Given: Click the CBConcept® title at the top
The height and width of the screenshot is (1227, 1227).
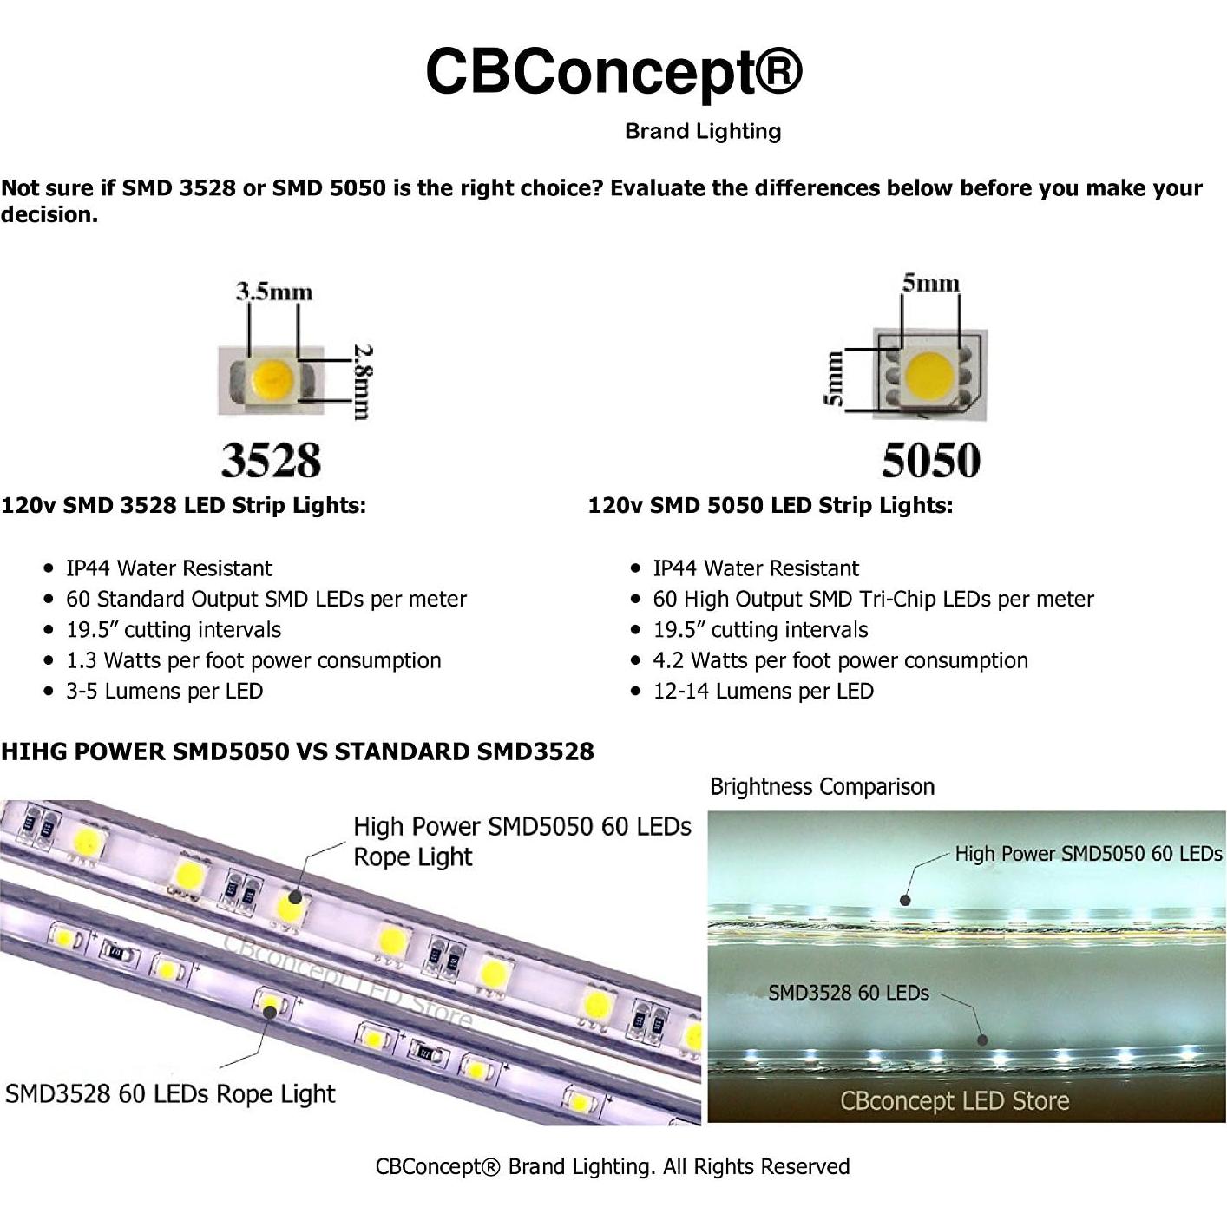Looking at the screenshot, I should (x=613, y=71).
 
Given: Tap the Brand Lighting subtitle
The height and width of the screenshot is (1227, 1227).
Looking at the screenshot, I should (x=703, y=131).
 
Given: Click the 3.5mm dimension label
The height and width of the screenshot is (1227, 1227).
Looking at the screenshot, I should (x=273, y=291).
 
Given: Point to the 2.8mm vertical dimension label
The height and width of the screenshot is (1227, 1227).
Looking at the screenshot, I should (x=363, y=382).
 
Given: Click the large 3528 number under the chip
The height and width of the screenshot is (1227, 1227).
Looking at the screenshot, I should (x=271, y=460).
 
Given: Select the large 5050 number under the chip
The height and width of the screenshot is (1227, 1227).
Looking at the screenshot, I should (x=931, y=460).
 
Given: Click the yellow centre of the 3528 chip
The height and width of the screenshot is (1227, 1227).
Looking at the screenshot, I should (x=272, y=378).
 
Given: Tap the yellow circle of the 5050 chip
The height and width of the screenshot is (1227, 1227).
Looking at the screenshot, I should (x=929, y=375).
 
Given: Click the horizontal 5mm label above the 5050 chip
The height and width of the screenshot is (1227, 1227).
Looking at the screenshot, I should (x=930, y=283).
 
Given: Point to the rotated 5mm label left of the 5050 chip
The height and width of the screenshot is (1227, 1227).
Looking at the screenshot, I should (x=832, y=378).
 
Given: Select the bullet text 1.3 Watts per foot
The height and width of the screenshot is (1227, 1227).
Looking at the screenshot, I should (x=253, y=660).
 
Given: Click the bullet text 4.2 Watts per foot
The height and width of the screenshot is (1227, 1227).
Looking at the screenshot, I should (x=840, y=660).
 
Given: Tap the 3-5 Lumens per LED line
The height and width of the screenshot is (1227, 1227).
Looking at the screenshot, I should (x=164, y=692).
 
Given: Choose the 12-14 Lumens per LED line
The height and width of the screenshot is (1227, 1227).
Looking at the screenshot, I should (x=763, y=692).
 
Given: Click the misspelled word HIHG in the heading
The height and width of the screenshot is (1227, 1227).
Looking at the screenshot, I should (x=34, y=751).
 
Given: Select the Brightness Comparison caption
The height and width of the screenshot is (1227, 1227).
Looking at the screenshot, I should (x=822, y=787).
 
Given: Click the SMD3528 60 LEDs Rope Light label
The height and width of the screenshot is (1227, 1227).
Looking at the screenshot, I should (x=170, y=1093).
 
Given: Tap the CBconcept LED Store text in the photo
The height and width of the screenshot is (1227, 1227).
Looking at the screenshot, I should (x=954, y=1101).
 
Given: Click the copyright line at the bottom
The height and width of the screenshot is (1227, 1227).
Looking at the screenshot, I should (x=613, y=1166).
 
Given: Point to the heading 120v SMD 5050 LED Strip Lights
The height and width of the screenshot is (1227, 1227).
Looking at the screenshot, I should (x=770, y=505).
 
